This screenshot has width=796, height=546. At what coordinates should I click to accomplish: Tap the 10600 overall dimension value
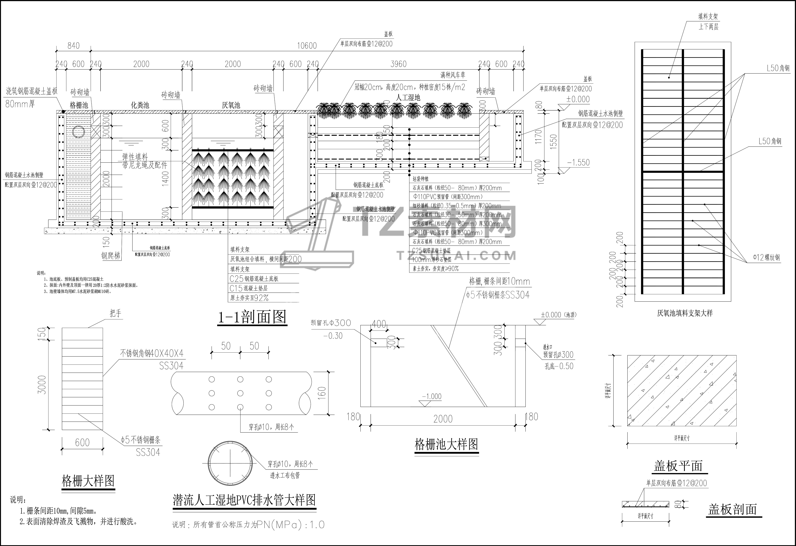click(307, 46)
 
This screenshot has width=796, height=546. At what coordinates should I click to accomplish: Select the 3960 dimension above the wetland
click(398, 64)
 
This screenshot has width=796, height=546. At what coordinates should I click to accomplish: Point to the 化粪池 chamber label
click(140, 105)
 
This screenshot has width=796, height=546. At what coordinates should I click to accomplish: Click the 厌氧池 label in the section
click(231, 105)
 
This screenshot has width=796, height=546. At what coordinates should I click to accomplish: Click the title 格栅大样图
click(88, 481)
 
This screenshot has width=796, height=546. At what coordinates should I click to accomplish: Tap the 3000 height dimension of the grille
click(42, 385)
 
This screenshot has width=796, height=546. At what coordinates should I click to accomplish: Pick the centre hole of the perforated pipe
click(240, 393)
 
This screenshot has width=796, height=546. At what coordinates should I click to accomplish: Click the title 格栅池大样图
click(446, 445)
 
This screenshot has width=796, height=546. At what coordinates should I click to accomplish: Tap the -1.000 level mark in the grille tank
click(432, 397)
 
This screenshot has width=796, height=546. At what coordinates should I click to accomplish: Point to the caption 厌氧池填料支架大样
click(685, 313)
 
